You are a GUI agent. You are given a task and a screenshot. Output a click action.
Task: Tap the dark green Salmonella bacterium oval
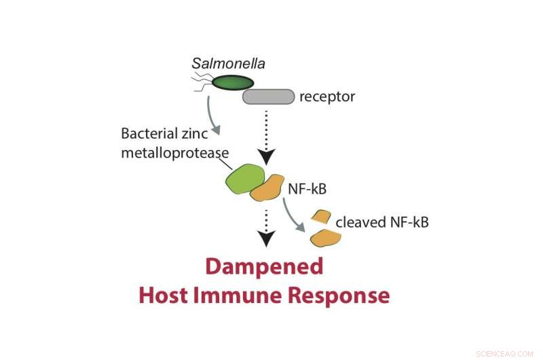point(233,83)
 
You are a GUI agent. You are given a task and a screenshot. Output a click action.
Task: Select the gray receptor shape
point(268,97)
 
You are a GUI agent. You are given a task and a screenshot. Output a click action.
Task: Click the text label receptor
point(327,97)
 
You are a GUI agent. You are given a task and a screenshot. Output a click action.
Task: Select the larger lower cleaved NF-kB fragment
point(325,238)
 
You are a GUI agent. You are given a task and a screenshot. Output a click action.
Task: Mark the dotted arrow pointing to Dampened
point(267,228)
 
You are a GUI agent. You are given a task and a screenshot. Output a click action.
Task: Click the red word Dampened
point(264,267)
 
